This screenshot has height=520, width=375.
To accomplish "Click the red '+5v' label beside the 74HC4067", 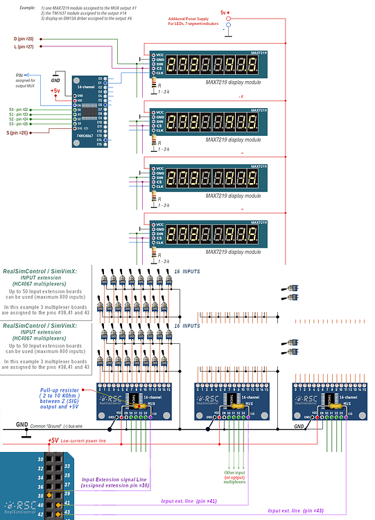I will tap(55, 90).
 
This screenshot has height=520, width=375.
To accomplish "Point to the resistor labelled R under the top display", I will tap(152, 84).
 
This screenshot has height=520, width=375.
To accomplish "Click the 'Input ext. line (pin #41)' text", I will tap(190, 500).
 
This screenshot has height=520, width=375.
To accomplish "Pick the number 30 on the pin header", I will tap(40, 460).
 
